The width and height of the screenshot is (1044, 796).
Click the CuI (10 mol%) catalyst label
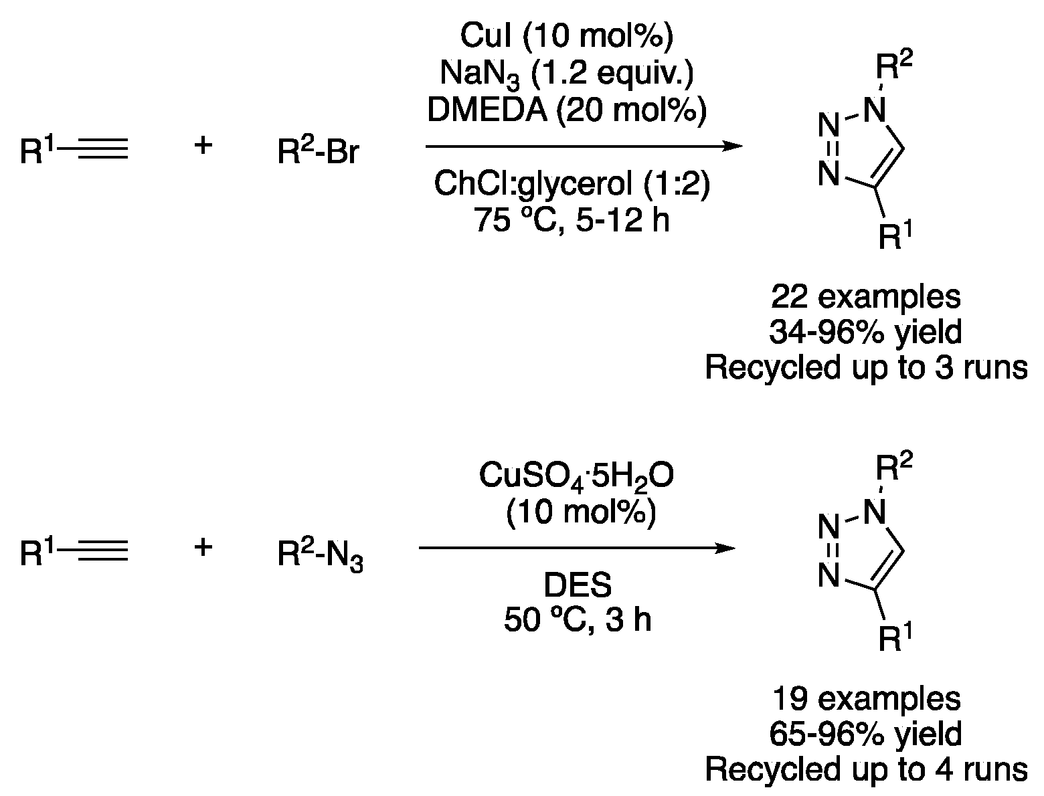tap(566, 37)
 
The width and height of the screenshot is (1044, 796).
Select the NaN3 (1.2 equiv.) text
tap(566, 74)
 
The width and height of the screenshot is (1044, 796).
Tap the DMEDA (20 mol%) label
tap(566, 111)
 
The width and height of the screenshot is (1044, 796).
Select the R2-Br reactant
tap(319, 152)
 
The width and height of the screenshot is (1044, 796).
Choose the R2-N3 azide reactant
tap(321, 555)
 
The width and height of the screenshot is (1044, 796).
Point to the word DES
tap(577, 586)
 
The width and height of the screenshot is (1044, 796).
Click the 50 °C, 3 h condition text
tap(577, 621)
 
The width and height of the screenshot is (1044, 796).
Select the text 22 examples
tap(866, 296)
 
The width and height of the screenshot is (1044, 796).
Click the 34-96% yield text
tap(866, 332)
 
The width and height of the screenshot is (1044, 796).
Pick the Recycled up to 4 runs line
tap(866, 770)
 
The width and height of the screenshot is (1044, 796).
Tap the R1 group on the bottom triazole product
tap(894, 638)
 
